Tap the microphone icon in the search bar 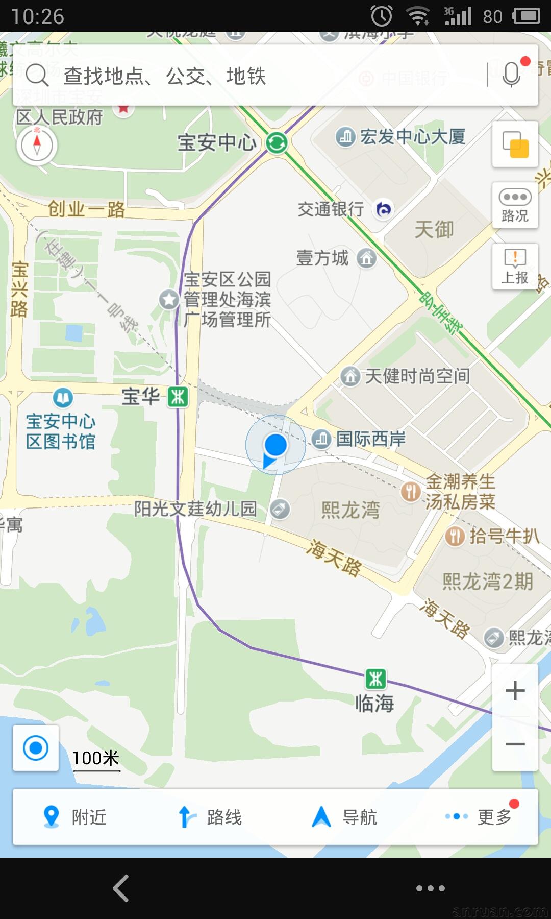click(x=511, y=76)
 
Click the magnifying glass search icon click(x=37, y=76)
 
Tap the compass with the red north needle click(x=37, y=145)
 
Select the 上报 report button click(x=515, y=267)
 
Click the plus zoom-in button click(x=515, y=691)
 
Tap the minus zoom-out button click(x=515, y=744)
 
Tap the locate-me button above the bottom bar click(x=36, y=748)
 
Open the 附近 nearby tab click(x=76, y=817)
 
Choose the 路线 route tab click(x=210, y=817)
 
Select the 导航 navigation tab click(x=345, y=817)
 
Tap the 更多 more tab click(x=480, y=817)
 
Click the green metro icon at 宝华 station click(x=178, y=397)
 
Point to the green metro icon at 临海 click(x=376, y=679)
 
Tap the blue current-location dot click(x=275, y=445)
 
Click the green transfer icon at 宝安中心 click(x=277, y=142)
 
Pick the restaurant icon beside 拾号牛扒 click(x=454, y=536)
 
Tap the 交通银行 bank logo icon click(x=384, y=209)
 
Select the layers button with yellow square click(x=515, y=144)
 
